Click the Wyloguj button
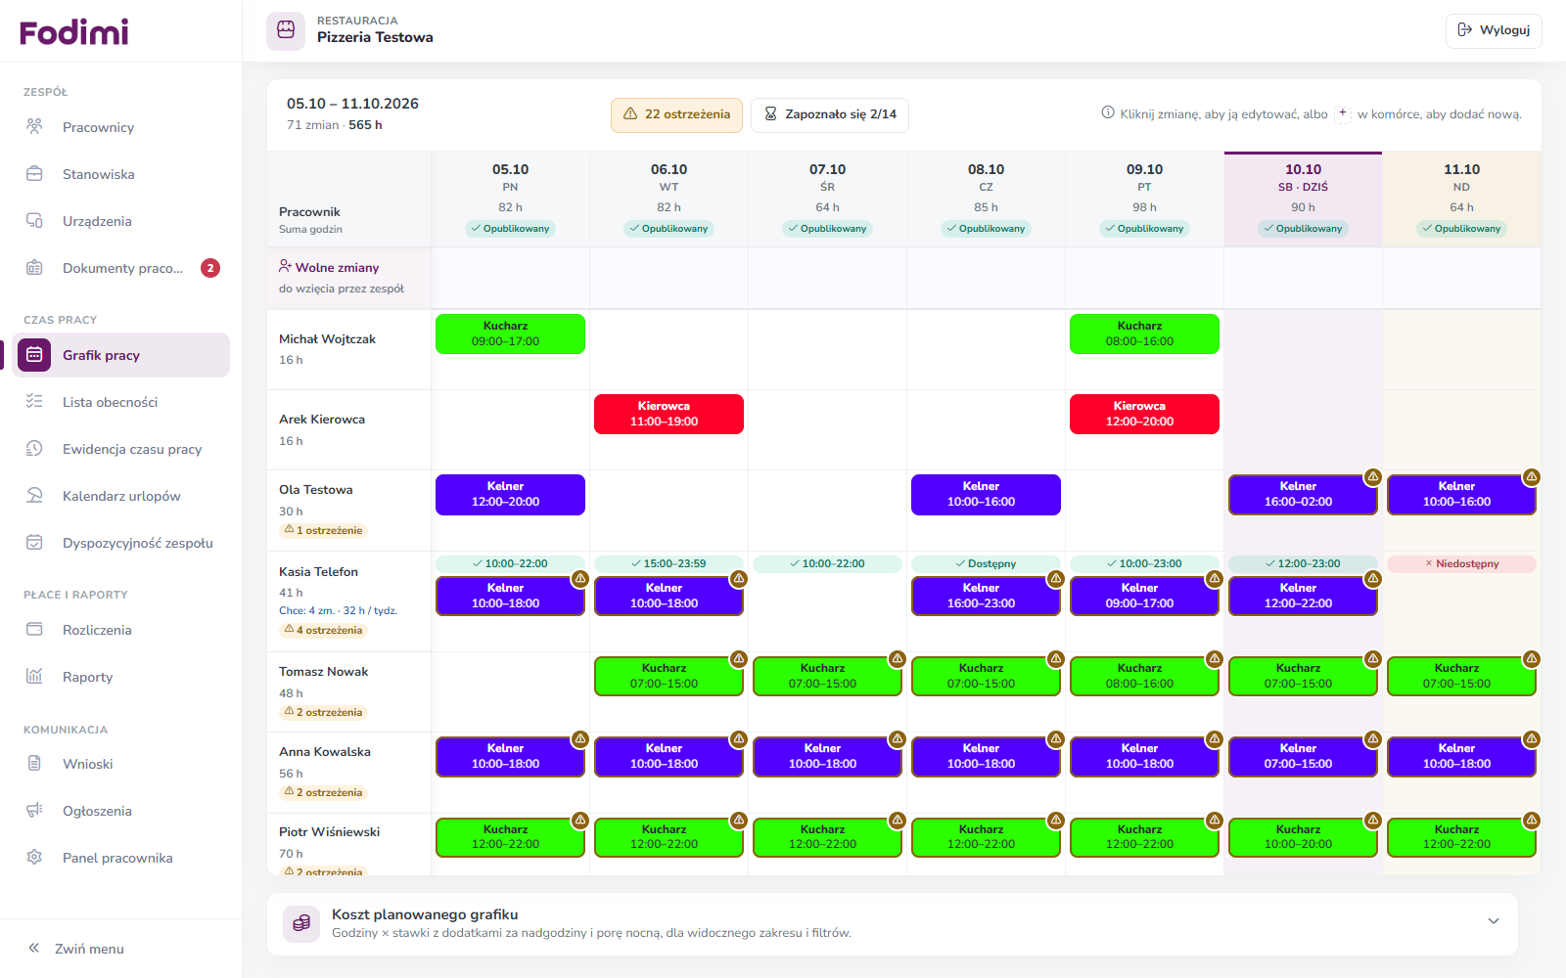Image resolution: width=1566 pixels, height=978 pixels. (1494, 30)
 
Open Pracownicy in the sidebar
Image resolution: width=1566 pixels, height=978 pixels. (98, 127)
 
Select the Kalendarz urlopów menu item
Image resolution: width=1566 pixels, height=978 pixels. (121, 496)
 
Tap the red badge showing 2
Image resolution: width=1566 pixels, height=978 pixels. (210, 268)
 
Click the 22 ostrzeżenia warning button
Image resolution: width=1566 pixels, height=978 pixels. (676, 114)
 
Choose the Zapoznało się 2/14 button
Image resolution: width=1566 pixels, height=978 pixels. (830, 114)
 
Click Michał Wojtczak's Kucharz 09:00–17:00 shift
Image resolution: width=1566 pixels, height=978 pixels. (510, 333)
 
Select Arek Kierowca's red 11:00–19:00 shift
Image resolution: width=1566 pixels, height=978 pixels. (669, 415)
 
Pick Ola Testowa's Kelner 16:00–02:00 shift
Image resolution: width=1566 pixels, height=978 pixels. (1303, 495)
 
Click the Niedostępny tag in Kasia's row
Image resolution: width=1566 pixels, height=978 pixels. (1462, 563)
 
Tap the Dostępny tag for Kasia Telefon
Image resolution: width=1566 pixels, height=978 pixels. (986, 563)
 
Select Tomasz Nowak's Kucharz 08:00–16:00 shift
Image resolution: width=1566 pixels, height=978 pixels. (1144, 676)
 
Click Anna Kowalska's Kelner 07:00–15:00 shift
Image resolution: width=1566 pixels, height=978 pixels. (1303, 757)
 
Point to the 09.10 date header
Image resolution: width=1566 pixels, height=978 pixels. (1144, 170)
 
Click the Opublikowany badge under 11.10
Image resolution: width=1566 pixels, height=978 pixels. (1462, 229)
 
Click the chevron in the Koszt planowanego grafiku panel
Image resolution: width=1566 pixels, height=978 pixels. (1494, 920)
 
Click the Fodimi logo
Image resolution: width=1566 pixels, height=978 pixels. (74, 31)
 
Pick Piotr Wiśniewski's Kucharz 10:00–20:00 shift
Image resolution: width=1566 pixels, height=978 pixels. (1303, 837)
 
